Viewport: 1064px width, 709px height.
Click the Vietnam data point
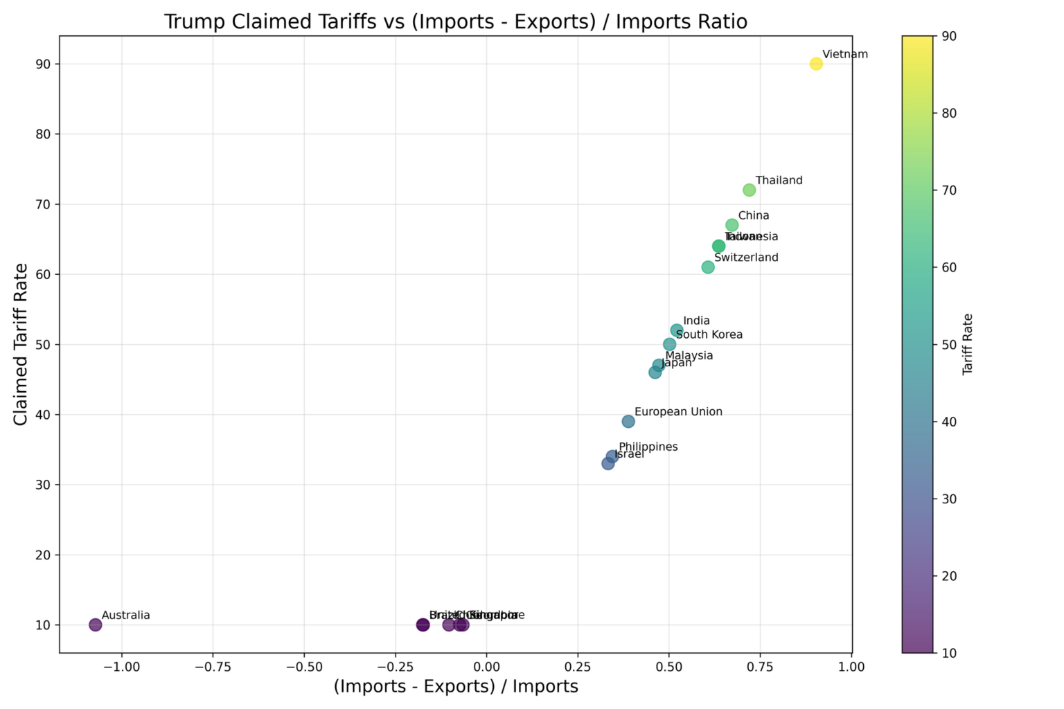816,64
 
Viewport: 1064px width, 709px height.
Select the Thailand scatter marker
749,190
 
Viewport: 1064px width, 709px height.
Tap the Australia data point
96,625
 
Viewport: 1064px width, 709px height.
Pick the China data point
731,225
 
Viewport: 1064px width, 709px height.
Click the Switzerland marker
708,267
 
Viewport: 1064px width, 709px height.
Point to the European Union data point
628,422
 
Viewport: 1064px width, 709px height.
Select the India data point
677,330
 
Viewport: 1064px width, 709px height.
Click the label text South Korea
709,335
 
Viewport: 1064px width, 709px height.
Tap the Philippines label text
648,447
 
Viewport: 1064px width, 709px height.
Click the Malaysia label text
689,356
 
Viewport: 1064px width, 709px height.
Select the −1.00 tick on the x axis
121,667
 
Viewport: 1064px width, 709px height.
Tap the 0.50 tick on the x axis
668,667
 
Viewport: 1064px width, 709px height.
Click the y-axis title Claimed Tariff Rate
21,344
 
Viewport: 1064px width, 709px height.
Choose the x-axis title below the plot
456,687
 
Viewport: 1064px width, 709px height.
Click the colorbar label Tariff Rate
968,344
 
